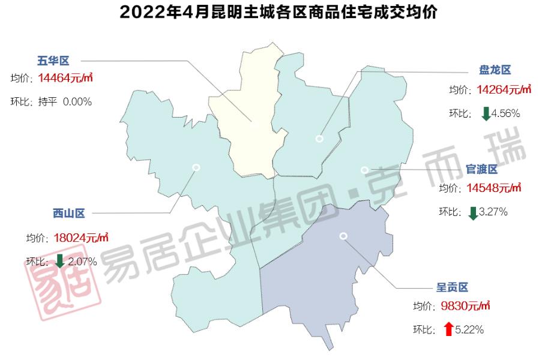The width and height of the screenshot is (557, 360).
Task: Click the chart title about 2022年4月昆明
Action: point(278,12)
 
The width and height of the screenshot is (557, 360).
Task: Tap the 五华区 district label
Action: point(53,61)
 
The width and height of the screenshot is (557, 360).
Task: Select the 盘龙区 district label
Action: point(495,70)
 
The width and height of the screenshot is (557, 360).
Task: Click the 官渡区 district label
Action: point(482,169)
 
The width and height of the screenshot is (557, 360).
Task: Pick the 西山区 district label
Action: point(69,213)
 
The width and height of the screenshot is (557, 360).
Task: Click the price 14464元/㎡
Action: point(65,78)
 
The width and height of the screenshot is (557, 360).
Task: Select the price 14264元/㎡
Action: point(504,89)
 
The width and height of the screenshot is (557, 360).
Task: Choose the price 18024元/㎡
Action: point(81,238)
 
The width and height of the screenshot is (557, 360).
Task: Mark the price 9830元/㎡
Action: point(465,306)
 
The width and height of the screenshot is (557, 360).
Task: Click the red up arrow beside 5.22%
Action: point(448,329)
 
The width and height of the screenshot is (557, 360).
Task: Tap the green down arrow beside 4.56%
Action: point(486,113)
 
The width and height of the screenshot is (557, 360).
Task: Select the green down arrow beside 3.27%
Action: point(473,212)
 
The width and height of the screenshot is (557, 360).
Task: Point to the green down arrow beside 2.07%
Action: point(59,261)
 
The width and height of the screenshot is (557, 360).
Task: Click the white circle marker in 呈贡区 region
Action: point(343,236)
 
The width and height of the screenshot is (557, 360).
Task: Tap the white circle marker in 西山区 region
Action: point(196,167)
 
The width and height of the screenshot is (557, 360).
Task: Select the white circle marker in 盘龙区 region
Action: point(319,139)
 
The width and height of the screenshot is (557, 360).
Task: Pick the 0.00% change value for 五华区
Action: point(77,102)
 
